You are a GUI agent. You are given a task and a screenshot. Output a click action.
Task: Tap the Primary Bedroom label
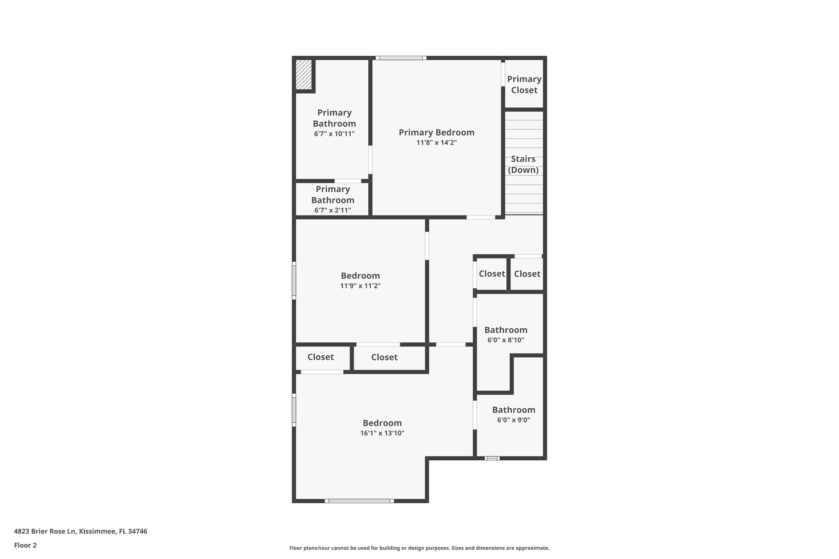click(x=436, y=132)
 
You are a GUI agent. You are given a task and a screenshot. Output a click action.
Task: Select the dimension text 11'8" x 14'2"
click(x=436, y=143)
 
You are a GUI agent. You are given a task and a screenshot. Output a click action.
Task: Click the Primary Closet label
click(x=524, y=84)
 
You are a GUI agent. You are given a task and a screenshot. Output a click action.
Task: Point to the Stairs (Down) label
click(x=523, y=164)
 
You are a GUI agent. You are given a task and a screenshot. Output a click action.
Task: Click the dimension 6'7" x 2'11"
click(x=333, y=210)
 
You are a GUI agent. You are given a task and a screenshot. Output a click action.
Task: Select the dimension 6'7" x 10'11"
click(x=334, y=134)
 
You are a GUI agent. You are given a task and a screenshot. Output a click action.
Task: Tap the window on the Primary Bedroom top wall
click(x=401, y=58)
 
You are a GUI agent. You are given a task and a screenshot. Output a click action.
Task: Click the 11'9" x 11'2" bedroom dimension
click(x=360, y=286)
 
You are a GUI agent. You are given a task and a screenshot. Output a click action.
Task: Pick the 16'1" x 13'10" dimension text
click(x=382, y=433)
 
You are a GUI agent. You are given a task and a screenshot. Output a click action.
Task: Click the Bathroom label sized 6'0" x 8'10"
click(x=506, y=330)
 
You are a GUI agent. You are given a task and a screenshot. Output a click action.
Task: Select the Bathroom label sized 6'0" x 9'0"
click(x=513, y=410)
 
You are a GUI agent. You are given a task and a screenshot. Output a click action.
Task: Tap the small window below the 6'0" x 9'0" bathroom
click(x=492, y=458)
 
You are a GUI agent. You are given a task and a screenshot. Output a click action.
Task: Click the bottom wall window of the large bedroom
click(x=359, y=501)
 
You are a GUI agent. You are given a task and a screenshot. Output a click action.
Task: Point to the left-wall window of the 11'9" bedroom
click(x=294, y=281)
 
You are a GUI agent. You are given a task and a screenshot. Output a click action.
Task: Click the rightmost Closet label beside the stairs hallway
click(x=527, y=274)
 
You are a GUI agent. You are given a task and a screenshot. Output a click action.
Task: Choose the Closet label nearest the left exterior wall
click(x=320, y=357)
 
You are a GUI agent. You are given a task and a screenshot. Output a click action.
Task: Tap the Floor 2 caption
click(x=25, y=545)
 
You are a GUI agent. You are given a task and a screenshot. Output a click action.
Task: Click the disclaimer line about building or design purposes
click(x=419, y=548)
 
